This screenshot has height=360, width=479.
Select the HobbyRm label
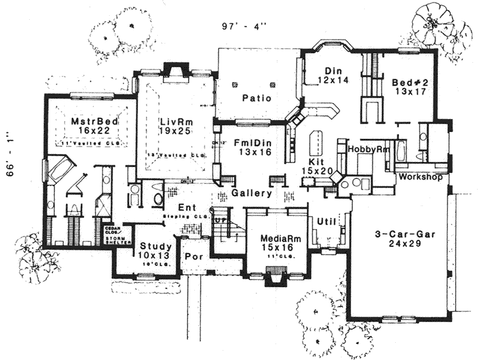pyautogui.click(x=365, y=150)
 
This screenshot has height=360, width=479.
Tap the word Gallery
pyautogui.click(x=251, y=194)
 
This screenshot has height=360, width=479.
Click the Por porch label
pyautogui.click(x=194, y=256)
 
